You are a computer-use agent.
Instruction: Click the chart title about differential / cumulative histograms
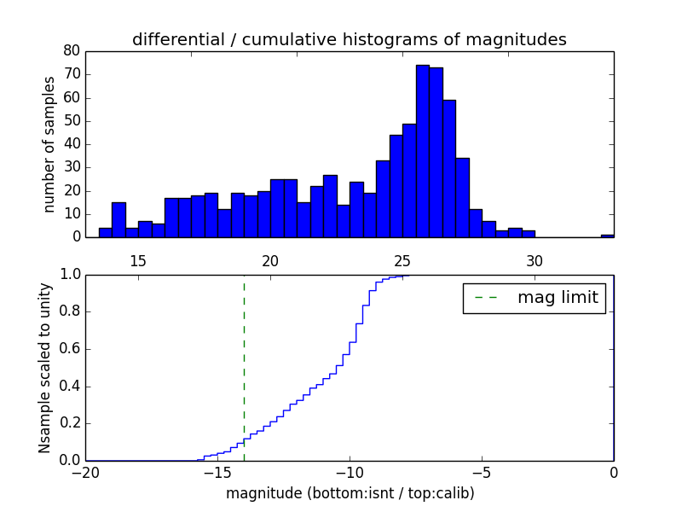349,39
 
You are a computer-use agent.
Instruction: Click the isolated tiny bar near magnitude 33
607,236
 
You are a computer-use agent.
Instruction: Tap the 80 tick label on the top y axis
71,51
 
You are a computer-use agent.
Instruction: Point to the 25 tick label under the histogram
402,261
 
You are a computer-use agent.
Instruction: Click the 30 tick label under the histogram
534,261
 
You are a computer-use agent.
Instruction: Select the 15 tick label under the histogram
138,261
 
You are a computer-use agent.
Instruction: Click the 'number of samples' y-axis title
49,144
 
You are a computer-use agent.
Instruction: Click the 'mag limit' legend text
558,298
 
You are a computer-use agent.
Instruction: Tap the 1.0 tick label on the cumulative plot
68,275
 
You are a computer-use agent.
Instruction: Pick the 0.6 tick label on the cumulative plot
68,349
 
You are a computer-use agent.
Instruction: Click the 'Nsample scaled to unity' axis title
45,367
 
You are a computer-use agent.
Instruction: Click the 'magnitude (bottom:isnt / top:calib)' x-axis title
350,493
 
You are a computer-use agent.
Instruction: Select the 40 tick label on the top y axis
71,144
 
